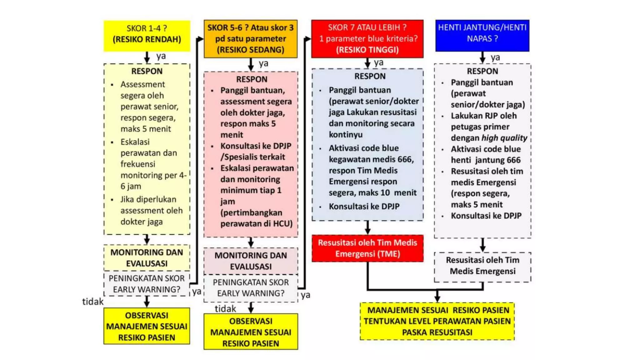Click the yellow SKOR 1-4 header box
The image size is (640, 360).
coord(147,36)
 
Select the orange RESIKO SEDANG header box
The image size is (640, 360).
coord(251,39)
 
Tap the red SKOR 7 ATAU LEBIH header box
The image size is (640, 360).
coord(367,39)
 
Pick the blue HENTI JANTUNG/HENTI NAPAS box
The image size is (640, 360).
coord(482,36)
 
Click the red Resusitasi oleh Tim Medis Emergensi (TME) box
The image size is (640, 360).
coord(367,248)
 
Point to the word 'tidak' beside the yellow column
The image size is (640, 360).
coord(93,302)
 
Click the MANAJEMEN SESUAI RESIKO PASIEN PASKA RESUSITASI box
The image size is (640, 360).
coord(437,321)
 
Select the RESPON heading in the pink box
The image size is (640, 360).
coord(252,79)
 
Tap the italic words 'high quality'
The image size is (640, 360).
coord(504,138)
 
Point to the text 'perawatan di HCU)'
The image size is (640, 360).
coord(257,224)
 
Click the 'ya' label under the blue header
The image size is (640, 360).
coord(495,58)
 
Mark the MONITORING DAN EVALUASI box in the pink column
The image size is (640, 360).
coord(251,261)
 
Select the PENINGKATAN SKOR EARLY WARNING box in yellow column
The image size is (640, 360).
coord(147,284)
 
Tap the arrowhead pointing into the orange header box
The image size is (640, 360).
coord(200,39)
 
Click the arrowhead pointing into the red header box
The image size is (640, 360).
coord(308,39)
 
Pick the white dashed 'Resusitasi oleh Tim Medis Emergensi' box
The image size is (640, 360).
coord(482,267)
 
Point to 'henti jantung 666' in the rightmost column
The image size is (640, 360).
coord(486,160)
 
